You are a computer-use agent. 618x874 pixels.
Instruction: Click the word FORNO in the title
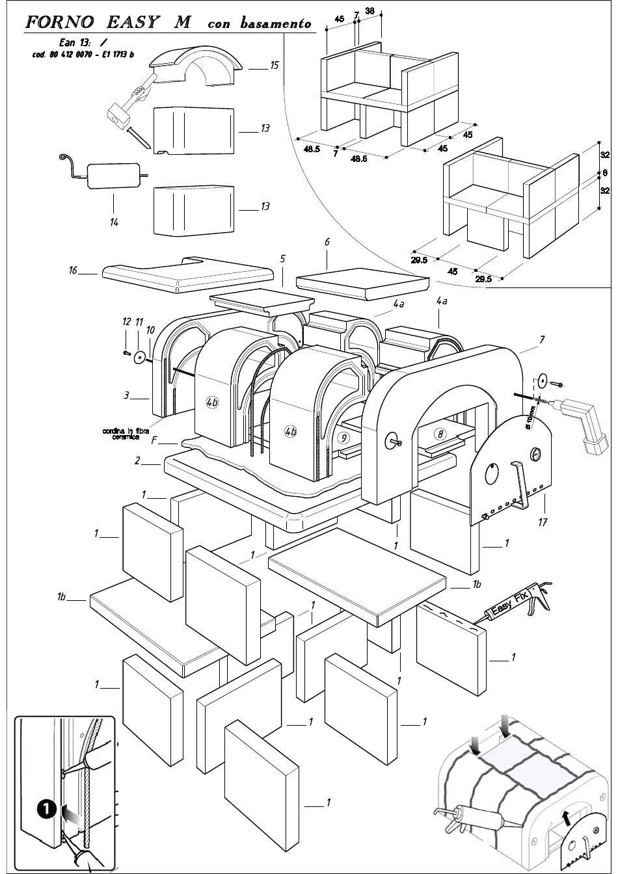(x=59, y=22)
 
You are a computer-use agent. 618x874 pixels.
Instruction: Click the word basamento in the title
(x=276, y=24)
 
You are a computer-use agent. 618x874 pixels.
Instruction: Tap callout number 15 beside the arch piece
(x=275, y=65)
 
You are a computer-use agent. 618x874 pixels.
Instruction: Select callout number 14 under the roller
(x=114, y=222)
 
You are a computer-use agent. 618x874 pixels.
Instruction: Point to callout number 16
(x=73, y=270)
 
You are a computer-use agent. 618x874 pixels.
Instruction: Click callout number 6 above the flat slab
(x=327, y=243)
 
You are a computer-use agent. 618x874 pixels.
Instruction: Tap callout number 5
(x=282, y=259)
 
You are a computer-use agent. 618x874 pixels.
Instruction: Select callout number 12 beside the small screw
(x=126, y=322)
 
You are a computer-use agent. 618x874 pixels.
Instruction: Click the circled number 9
(x=343, y=438)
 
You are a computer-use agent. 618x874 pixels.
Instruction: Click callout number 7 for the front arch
(x=543, y=339)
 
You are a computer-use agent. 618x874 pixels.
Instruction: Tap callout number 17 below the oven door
(x=543, y=522)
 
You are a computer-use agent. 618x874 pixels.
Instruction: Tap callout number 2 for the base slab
(x=137, y=461)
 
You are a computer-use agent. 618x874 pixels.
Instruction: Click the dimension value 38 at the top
(x=369, y=10)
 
